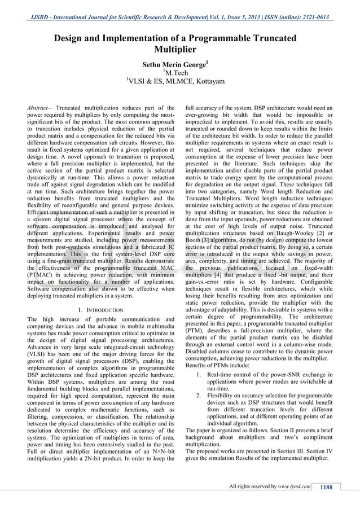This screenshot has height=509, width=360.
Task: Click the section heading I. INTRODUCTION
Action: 100,310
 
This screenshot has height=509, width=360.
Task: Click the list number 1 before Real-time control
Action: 197,375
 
